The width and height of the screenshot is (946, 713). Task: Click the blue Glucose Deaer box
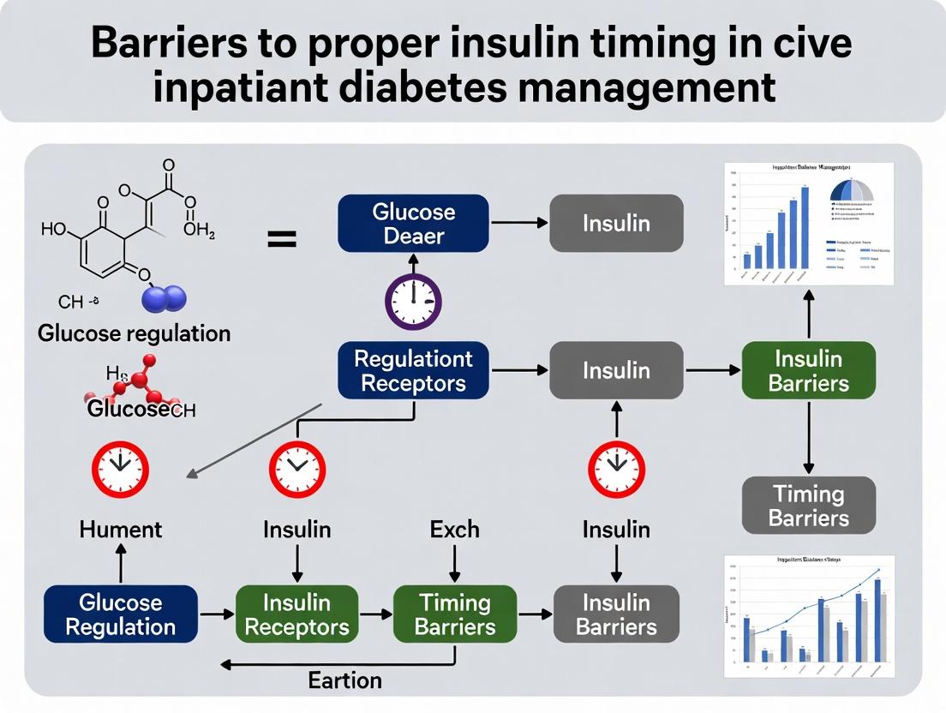413,224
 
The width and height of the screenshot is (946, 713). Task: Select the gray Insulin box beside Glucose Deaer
616,224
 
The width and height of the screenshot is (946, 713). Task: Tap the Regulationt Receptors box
413,370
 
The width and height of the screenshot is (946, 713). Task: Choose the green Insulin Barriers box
808,370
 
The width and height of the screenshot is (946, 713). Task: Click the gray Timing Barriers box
808,506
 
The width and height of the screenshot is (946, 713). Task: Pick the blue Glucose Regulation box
120,614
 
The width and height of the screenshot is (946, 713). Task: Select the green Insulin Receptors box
296,614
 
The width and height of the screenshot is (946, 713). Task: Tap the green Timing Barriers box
455,614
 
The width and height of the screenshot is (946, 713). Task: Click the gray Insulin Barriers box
616,614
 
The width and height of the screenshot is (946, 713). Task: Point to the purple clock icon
413,301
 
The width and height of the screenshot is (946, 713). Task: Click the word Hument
120,530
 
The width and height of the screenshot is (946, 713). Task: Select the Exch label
455,530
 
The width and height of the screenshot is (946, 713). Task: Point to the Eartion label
344,680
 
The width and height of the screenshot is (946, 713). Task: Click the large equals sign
281,240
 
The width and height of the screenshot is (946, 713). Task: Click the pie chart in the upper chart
852,190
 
